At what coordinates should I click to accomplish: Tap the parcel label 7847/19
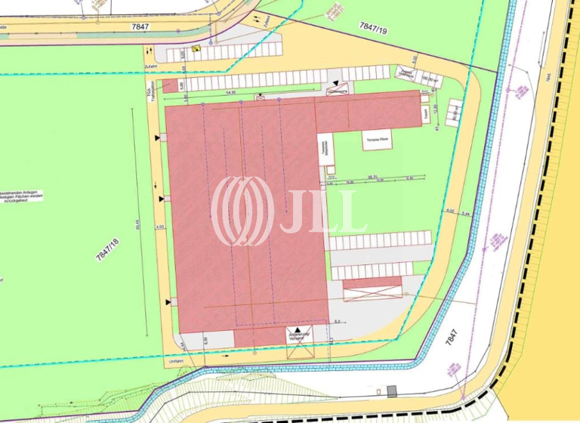pyautogui.click(x=374, y=28)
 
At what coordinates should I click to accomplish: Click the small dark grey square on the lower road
pyautogui.click(x=391, y=391)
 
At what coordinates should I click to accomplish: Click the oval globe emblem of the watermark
pyautogui.click(x=242, y=211)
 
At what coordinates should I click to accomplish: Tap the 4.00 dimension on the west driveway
pyautogui.click(x=159, y=226)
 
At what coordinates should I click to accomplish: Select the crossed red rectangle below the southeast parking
pyautogui.click(x=372, y=288)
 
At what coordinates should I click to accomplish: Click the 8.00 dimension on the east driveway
pyautogui.click(x=450, y=211)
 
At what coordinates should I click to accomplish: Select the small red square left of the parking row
pyautogui.click(x=171, y=85)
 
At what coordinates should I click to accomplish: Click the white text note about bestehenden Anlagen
pyautogui.click(x=22, y=196)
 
